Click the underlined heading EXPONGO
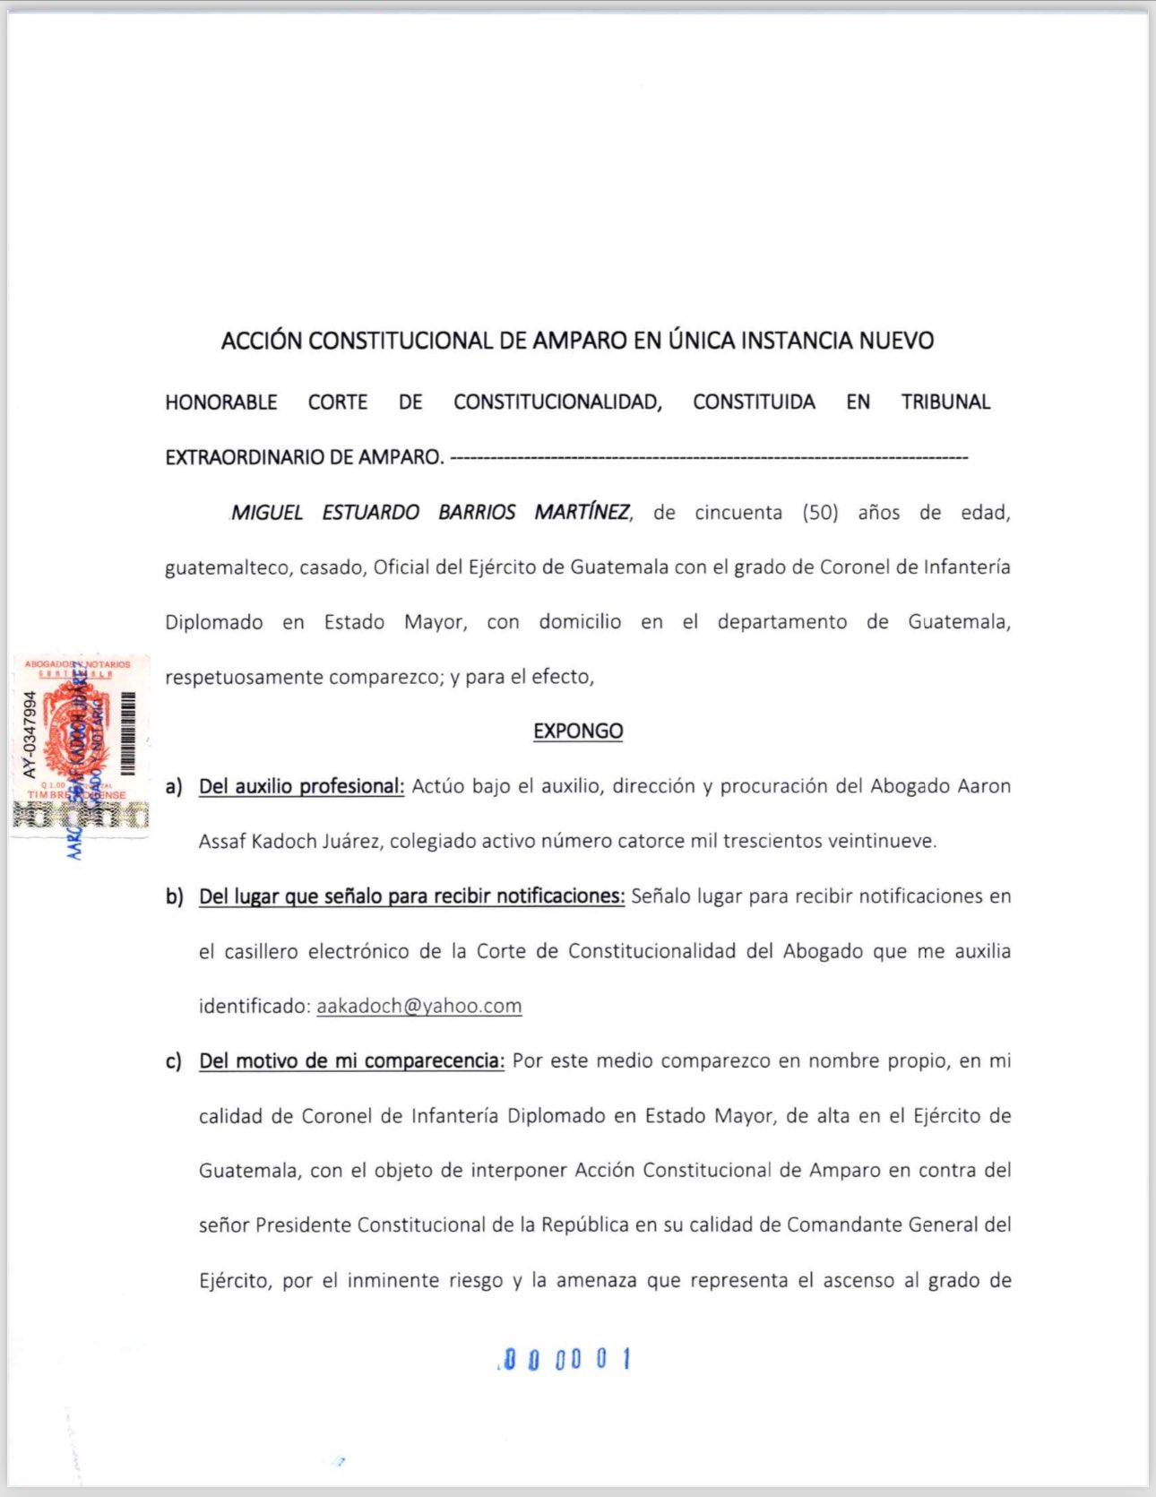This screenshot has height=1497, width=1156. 578,731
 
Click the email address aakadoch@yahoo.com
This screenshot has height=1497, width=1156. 418,1006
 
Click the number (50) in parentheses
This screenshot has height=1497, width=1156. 820,513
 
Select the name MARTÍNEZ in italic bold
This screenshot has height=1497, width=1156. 582,512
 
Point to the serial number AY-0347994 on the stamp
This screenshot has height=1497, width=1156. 30,734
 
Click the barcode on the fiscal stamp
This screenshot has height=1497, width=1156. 128,734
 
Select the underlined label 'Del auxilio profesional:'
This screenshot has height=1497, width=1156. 301,786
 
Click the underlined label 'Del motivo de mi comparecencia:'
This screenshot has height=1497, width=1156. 351,1061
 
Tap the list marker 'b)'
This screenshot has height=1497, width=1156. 174,896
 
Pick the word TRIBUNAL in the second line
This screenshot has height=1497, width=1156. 945,402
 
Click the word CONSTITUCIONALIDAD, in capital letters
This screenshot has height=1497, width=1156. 557,402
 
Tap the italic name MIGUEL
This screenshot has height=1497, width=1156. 267,513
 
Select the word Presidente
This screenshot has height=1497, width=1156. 303,1225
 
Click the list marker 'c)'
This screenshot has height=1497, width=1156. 174,1061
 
